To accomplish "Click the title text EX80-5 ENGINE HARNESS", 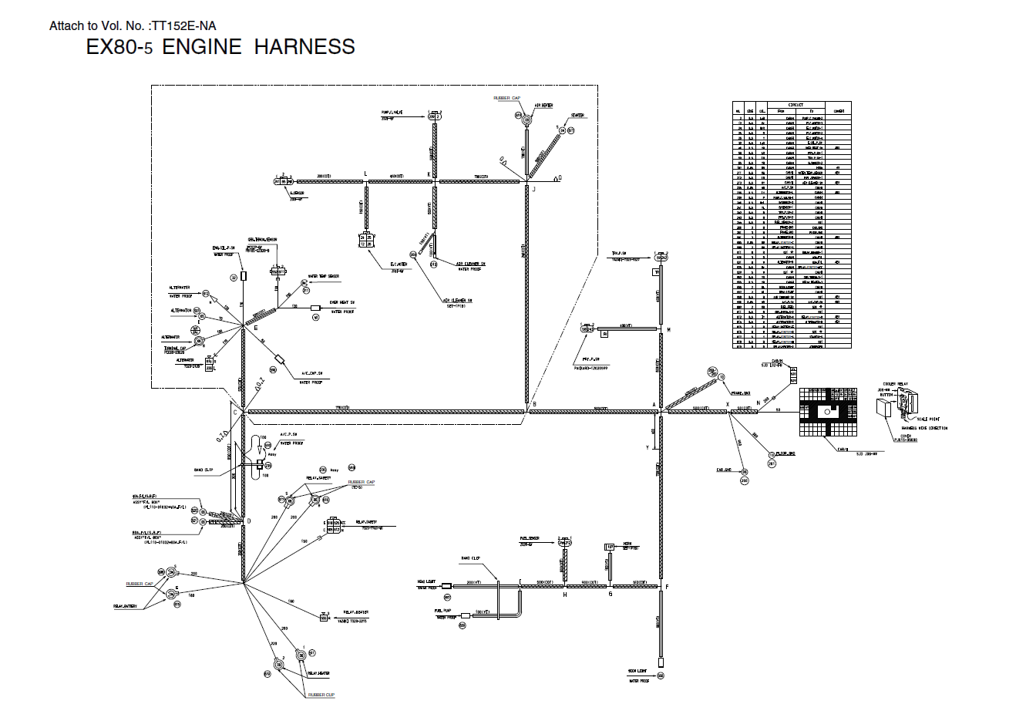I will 220,47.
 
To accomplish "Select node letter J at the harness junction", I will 533,187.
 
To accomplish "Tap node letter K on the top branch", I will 429,175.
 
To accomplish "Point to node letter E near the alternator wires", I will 256,328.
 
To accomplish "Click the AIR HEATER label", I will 543,106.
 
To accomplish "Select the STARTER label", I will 577,116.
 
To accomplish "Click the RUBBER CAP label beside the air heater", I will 507,99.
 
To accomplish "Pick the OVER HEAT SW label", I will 341,302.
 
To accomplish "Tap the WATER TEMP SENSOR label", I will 323,276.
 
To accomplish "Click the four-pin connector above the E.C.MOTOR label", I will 365,239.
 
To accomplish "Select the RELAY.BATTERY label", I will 125,606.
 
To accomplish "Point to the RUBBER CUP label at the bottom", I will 321,695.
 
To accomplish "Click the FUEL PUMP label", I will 442,609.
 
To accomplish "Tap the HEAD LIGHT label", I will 426,581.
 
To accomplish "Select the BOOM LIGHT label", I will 636,672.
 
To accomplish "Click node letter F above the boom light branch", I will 667,588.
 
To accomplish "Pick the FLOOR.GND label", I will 785,453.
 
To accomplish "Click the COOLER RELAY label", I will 895,383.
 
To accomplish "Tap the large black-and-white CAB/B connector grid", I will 829,413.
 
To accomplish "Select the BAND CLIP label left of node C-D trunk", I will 204,469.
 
